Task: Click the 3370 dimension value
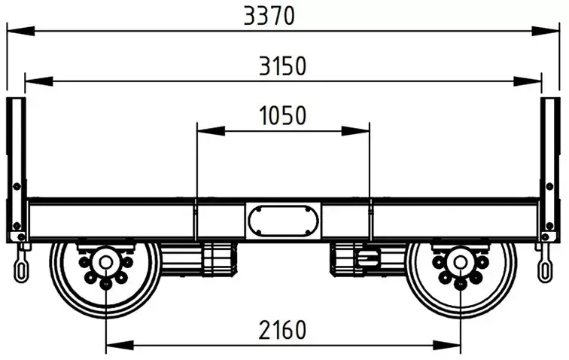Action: pyautogui.click(x=269, y=17)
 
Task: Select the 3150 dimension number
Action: pyautogui.click(x=283, y=66)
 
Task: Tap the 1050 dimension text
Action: pyautogui.click(x=283, y=115)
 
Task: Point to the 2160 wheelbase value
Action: pyautogui.click(x=283, y=330)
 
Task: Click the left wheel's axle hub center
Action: pyautogui.click(x=105, y=262)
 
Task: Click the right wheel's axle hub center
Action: pyautogui.click(x=461, y=262)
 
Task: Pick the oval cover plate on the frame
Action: pyautogui.click(x=284, y=221)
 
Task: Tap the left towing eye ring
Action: pyautogui.click(x=20, y=270)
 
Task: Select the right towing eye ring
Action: pyautogui.click(x=544, y=270)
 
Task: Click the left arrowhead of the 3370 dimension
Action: pyautogui.click(x=21, y=31)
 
